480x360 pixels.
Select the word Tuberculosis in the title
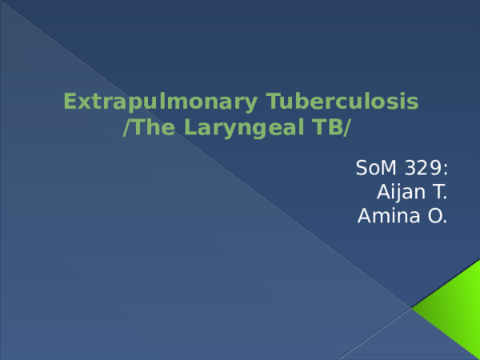point(342,101)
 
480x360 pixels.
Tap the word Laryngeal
point(244,128)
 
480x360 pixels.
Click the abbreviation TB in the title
point(326,127)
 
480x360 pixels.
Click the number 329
point(423,168)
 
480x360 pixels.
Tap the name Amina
point(389,216)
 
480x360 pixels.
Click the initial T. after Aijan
point(439,192)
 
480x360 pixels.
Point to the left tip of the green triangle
point(411,308)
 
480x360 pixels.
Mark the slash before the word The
point(126,127)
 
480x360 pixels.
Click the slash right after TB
point(346,127)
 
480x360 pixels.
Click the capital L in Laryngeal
point(190,127)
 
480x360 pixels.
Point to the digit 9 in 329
point(436,168)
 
